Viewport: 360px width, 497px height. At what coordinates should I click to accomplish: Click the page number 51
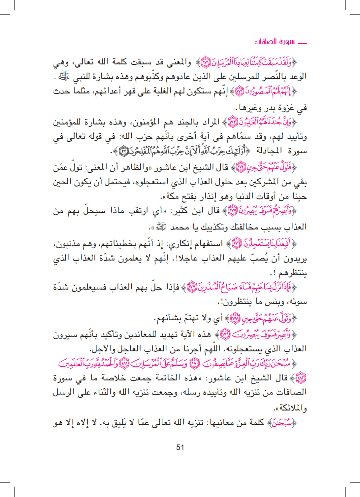pyautogui.click(x=180, y=447)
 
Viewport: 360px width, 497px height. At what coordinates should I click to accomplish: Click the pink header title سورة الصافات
pyautogui.click(x=275, y=42)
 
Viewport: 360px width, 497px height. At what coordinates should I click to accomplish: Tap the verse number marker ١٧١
pyautogui.click(x=206, y=62)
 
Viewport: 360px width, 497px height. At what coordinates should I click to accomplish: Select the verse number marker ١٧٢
pyautogui.click(x=240, y=91)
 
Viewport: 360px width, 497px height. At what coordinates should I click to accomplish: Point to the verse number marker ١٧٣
pyautogui.click(x=233, y=122)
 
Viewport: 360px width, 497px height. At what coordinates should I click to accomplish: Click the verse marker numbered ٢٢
pyautogui.click(x=123, y=151)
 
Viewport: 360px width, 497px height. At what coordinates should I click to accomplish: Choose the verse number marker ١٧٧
pyautogui.click(x=192, y=286)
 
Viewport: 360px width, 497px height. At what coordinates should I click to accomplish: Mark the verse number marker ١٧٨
pyautogui.click(x=235, y=318)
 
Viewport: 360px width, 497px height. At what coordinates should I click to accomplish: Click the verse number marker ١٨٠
pyautogui.click(x=195, y=363)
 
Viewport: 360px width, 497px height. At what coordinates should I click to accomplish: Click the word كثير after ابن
pyautogui.click(x=180, y=210)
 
